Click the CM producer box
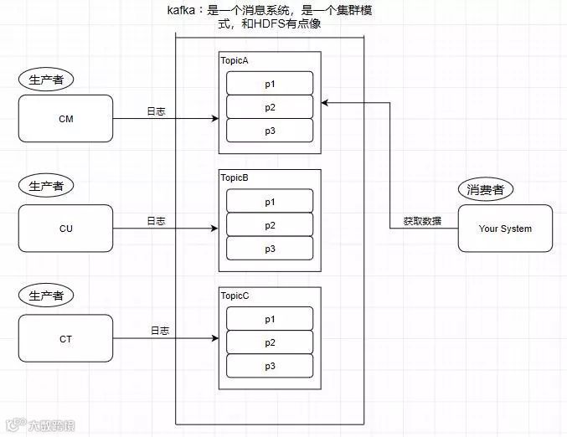point(65,119)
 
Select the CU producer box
point(65,229)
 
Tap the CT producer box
point(65,338)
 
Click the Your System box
point(505,229)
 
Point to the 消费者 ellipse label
point(486,189)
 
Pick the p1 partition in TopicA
point(270,84)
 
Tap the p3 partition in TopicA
point(270,131)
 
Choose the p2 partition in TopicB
point(270,225)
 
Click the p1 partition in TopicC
point(270,319)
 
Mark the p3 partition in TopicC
point(270,366)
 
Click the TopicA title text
point(235,61)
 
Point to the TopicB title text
point(235,178)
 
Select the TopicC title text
point(235,296)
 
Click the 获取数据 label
point(422,222)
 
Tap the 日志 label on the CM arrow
point(156,111)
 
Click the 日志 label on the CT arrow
point(159,331)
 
